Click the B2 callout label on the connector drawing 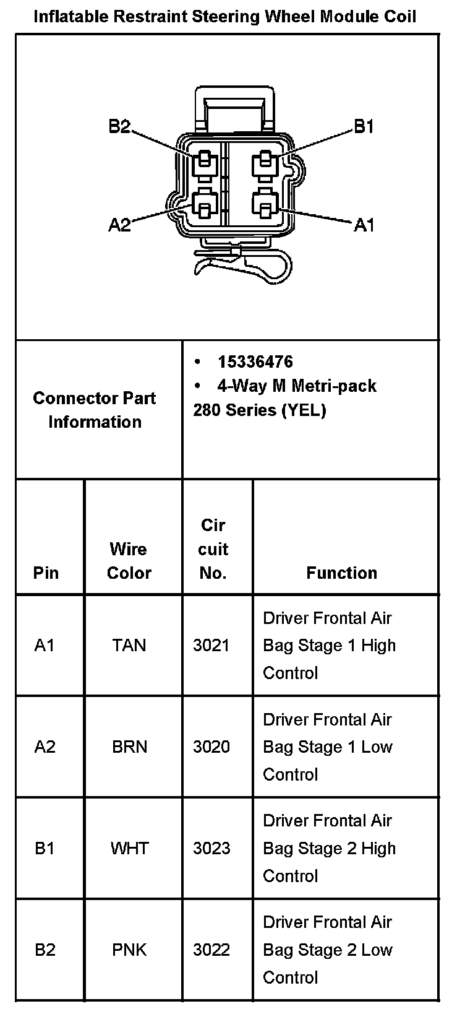119,127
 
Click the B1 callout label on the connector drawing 364,127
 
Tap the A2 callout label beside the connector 119,225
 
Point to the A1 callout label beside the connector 364,225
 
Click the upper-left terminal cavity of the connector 203,163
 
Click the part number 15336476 255,362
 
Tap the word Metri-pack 334,386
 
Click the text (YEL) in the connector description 304,410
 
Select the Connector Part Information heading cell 95,410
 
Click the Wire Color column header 129,561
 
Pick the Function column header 341,573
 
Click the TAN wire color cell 129,645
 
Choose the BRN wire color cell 129,747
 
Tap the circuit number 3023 211,848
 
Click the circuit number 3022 211,950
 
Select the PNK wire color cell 129,950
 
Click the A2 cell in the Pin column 45,747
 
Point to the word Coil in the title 399,17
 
